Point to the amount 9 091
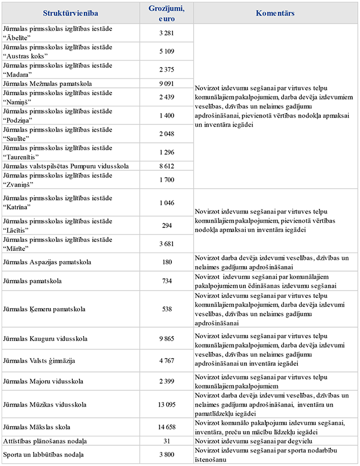(167, 83)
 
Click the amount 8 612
(167, 166)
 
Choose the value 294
(167, 225)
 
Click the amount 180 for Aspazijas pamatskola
(167, 262)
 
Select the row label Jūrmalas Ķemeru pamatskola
(45, 309)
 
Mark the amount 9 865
(167, 339)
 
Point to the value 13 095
(167, 405)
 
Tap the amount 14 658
(167, 427)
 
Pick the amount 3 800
(167, 455)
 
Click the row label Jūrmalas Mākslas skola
(40, 427)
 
